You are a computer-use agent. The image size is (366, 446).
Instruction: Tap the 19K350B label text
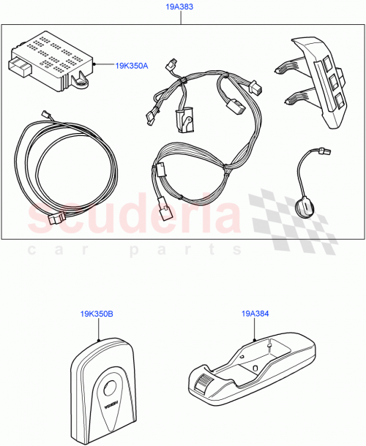click(x=97, y=314)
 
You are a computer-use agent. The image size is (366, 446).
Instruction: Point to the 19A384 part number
click(x=253, y=314)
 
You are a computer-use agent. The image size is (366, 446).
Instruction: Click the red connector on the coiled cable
click(x=55, y=219)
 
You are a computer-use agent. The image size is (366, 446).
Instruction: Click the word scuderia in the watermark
click(x=132, y=214)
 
